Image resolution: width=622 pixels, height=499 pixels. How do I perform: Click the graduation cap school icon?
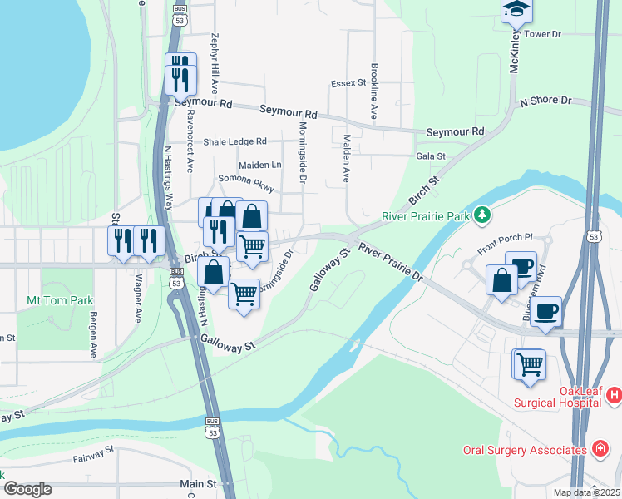pyautogui.click(x=516, y=10)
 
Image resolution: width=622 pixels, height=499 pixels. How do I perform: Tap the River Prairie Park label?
pyautogui.click(x=425, y=216)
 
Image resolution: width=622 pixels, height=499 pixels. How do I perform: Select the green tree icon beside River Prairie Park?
pyautogui.click(x=482, y=216)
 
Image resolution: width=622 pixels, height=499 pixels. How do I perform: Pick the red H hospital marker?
pyautogui.click(x=615, y=393)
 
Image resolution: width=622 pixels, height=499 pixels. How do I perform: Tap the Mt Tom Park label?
pyautogui.click(x=60, y=300)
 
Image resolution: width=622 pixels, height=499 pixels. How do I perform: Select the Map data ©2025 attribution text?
pyautogui.click(x=586, y=492)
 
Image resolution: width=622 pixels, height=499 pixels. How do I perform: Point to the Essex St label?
pyautogui.click(x=348, y=83)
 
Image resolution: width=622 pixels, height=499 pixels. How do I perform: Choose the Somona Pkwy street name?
pyautogui.click(x=245, y=180)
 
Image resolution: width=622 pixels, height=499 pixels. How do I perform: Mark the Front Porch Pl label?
pyautogui.click(x=504, y=244)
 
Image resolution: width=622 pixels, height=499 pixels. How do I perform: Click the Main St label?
pyautogui.click(x=198, y=483)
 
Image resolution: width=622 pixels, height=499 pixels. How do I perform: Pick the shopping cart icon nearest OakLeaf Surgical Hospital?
pyautogui.click(x=530, y=364)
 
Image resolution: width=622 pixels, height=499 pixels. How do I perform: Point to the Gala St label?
pyautogui.click(x=431, y=156)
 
